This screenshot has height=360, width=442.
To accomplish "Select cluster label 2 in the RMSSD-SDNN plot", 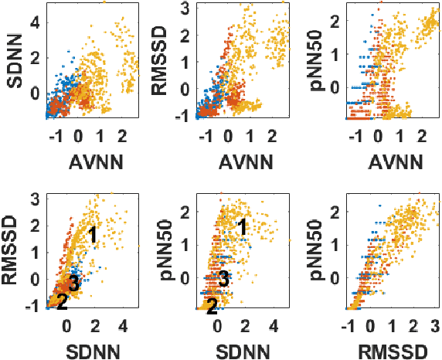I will (x=62, y=302).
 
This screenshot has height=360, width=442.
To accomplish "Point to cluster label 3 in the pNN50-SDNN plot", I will (x=223, y=279).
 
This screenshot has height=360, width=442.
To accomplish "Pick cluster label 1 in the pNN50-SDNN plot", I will (x=242, y=227).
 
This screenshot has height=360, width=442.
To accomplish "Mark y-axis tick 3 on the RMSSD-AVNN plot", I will (x=185, y=8).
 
